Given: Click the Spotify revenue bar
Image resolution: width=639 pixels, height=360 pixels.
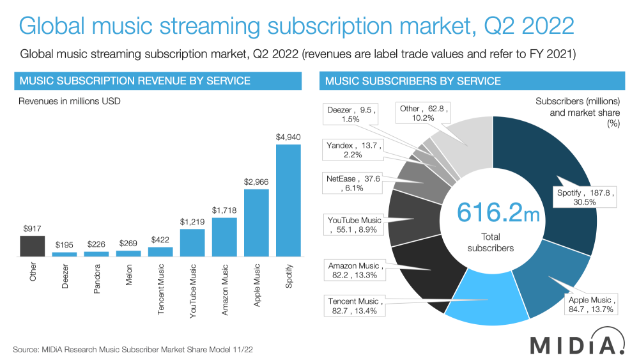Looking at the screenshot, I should pos(288,200).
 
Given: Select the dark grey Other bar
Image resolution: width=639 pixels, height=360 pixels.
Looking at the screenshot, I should pos(33,246).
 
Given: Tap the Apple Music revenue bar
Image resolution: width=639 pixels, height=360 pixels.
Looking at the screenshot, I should pos(256,223).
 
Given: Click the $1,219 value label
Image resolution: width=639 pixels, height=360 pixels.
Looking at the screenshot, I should pos(192,222).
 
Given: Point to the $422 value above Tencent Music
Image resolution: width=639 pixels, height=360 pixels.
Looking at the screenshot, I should pos(160,240).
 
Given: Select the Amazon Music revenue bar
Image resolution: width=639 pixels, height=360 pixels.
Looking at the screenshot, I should pos(224,237).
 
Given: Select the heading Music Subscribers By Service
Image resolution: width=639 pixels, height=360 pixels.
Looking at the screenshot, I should pos(413,81).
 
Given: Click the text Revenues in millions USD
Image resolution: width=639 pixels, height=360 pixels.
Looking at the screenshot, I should pos(70,101).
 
